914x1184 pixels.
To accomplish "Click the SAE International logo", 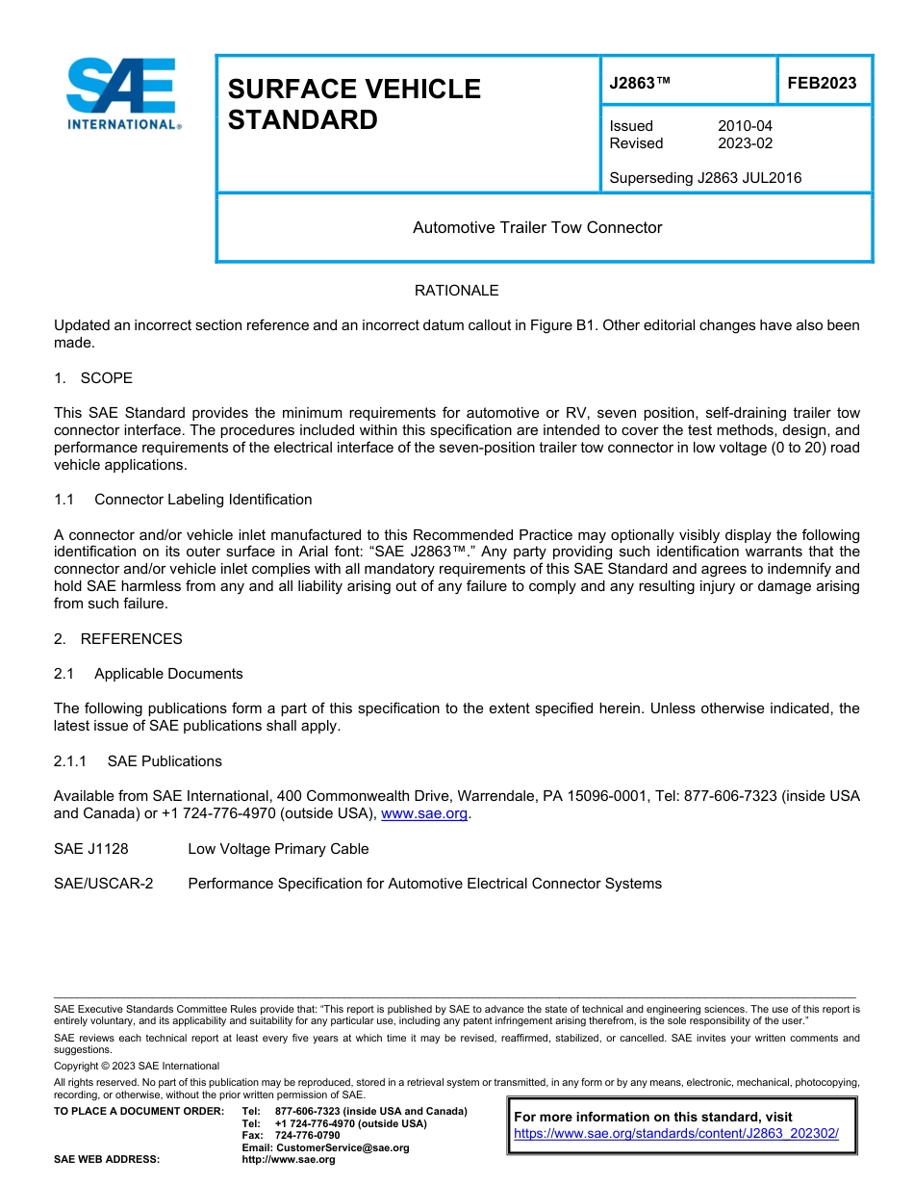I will coord(122,93).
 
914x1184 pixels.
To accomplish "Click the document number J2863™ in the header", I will coord(640,84).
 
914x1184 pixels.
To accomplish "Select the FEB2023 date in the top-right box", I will coord(822,84).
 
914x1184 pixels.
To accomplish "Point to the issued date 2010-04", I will coord(745,126).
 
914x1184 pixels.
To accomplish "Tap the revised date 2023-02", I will coord(745,143).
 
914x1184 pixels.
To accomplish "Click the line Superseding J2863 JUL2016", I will coord(704,177).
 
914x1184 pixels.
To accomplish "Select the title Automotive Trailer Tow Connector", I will coord(537,228).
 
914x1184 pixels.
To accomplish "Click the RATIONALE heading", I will coord(456,291).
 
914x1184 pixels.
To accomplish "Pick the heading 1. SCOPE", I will coord(93,377).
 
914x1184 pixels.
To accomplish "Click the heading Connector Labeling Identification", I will coord(203,500).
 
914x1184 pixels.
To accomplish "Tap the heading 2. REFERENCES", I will coord(117,639).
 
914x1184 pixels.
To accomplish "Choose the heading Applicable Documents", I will coord(168,674).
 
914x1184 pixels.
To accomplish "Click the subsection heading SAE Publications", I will coord(165,761).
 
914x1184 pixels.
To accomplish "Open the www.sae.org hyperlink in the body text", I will coord(424,814).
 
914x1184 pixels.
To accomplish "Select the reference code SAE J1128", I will coord(91,849).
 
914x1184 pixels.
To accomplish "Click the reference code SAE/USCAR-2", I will coord(104,884).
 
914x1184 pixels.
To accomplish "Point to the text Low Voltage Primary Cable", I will coord(278,849).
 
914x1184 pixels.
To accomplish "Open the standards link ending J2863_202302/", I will coord(676,1134).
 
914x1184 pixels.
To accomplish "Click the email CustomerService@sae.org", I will coord(342,1147).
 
